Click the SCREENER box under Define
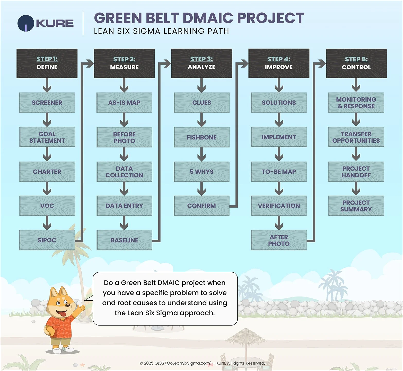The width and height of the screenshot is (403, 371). click(47, 103)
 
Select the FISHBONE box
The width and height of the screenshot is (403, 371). click(202, 137)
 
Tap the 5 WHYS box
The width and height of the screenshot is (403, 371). click(202, 172)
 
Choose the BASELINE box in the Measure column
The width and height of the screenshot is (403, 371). click(124, 240)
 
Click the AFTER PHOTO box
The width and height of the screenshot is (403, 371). click(279, 240)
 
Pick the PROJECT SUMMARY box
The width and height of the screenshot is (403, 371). click(356, 206)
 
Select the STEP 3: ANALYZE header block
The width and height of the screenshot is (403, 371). click(202, 63)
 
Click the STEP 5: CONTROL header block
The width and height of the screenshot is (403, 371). click(356, 63)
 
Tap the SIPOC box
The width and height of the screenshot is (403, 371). click(47, 240)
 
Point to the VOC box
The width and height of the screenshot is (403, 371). click(47, 206)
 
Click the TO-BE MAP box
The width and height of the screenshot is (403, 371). click(279, 172)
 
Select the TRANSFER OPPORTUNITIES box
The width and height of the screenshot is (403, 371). click(356, 137)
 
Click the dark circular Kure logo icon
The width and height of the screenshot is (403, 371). click(25, 23)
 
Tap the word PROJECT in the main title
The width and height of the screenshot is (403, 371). click(270, 18)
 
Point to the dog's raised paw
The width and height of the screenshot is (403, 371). click(82, 308)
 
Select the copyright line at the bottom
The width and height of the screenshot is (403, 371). click(202, 363)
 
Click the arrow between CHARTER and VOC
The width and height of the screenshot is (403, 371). click(47, 189)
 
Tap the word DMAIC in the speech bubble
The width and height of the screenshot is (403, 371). click(168, 283)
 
